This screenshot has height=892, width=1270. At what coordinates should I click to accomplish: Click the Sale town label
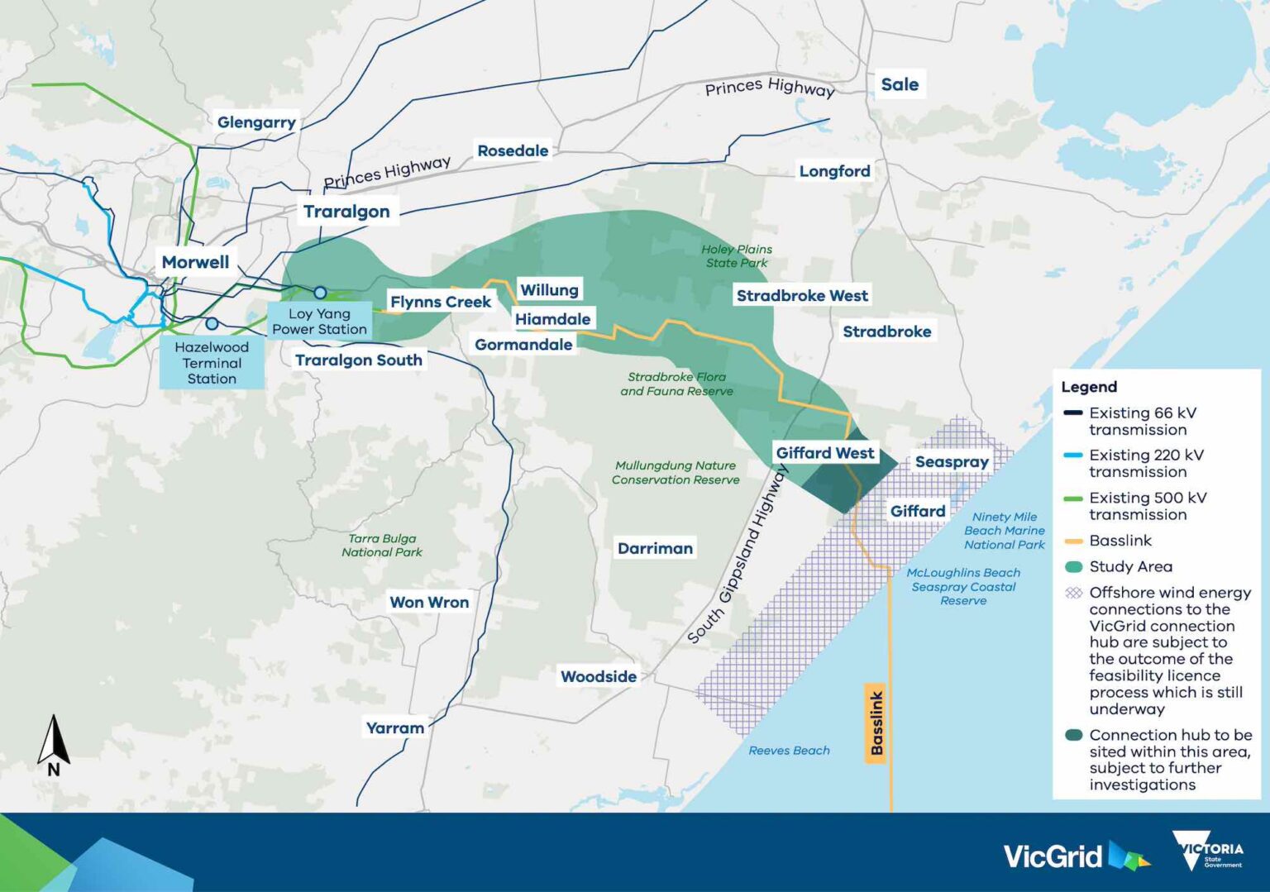point(900,84)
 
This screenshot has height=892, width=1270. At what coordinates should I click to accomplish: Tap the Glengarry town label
point(256,122)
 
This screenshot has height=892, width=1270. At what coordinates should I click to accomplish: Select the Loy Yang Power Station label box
point(319,322)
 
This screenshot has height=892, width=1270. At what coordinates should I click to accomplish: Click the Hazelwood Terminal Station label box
point(212,363)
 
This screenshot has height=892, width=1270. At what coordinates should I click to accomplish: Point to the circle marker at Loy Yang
point(320,293)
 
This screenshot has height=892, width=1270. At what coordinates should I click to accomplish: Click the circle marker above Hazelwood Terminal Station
point(212,324)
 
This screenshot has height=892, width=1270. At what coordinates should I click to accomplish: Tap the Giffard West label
point(824,453)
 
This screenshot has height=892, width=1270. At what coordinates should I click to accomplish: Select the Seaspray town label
point(952,462)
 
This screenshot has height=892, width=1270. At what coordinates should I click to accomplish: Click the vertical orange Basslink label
point(876,723)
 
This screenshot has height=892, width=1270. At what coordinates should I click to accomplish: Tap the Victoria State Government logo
point(1208,851)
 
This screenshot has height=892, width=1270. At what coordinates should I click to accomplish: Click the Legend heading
point(1089,387)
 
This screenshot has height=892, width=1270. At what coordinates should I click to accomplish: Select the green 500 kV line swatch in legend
point(1073,498)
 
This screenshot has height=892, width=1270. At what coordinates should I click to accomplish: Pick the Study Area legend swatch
point(1073,567)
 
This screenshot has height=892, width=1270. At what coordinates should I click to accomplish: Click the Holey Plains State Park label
point(737,256)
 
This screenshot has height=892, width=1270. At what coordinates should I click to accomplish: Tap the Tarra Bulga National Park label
point(382,546)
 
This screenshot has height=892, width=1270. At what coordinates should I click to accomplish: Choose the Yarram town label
point(395,728)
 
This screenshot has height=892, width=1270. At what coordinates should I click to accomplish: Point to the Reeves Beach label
point(789,751)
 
